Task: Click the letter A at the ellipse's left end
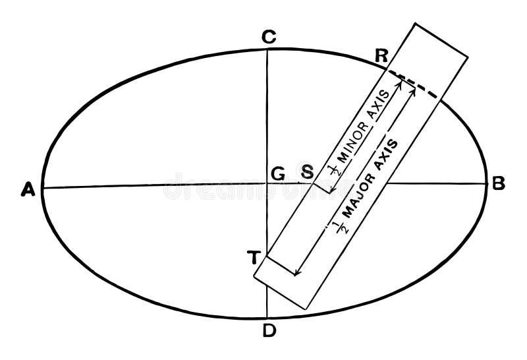click(x=27, y=190)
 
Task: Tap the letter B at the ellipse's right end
click(x=498, y=184)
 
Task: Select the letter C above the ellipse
click(x=267, y=38)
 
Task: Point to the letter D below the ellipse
click(x=268, y=331)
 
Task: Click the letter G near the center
click(x=277, y=173)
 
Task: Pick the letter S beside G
click(x=306, y=173)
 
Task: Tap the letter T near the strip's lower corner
click(x=252, y=258)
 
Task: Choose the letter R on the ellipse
click(x=380, y=55)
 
